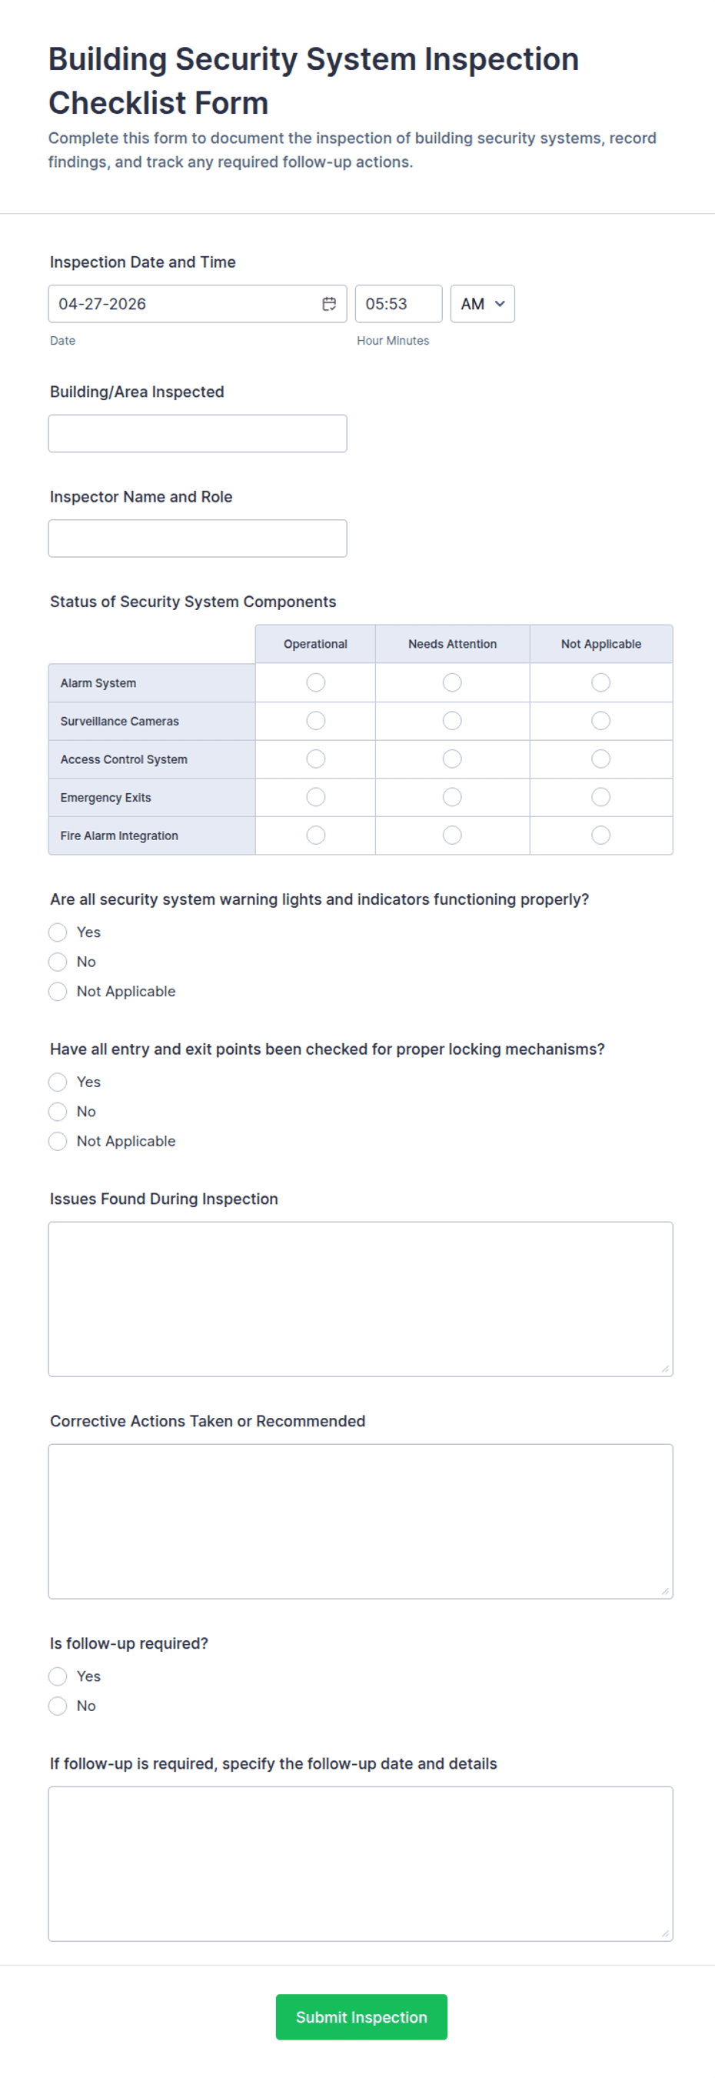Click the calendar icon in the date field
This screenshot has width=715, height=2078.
329,304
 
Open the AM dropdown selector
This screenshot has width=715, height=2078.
482,304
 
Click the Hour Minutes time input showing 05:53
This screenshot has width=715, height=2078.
398,304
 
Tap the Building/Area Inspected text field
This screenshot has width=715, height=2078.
198,433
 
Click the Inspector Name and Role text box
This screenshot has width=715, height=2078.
198,538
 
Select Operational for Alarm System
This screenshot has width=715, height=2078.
316,682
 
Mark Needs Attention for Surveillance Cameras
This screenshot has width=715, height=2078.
452,720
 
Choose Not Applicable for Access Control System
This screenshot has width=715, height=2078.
600,759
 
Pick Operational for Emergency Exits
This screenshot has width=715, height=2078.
316,797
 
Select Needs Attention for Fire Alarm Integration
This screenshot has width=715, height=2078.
452,835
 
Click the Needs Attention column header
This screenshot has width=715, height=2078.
452,644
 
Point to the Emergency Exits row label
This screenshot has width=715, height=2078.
105,798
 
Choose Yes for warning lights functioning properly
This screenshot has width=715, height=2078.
58,932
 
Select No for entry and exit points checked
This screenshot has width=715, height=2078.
58,1112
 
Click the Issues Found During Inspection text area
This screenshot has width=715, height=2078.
361,1299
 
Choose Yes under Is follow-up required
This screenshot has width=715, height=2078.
58,1676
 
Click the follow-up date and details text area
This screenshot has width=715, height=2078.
361,1863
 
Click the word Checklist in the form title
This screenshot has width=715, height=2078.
158,103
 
